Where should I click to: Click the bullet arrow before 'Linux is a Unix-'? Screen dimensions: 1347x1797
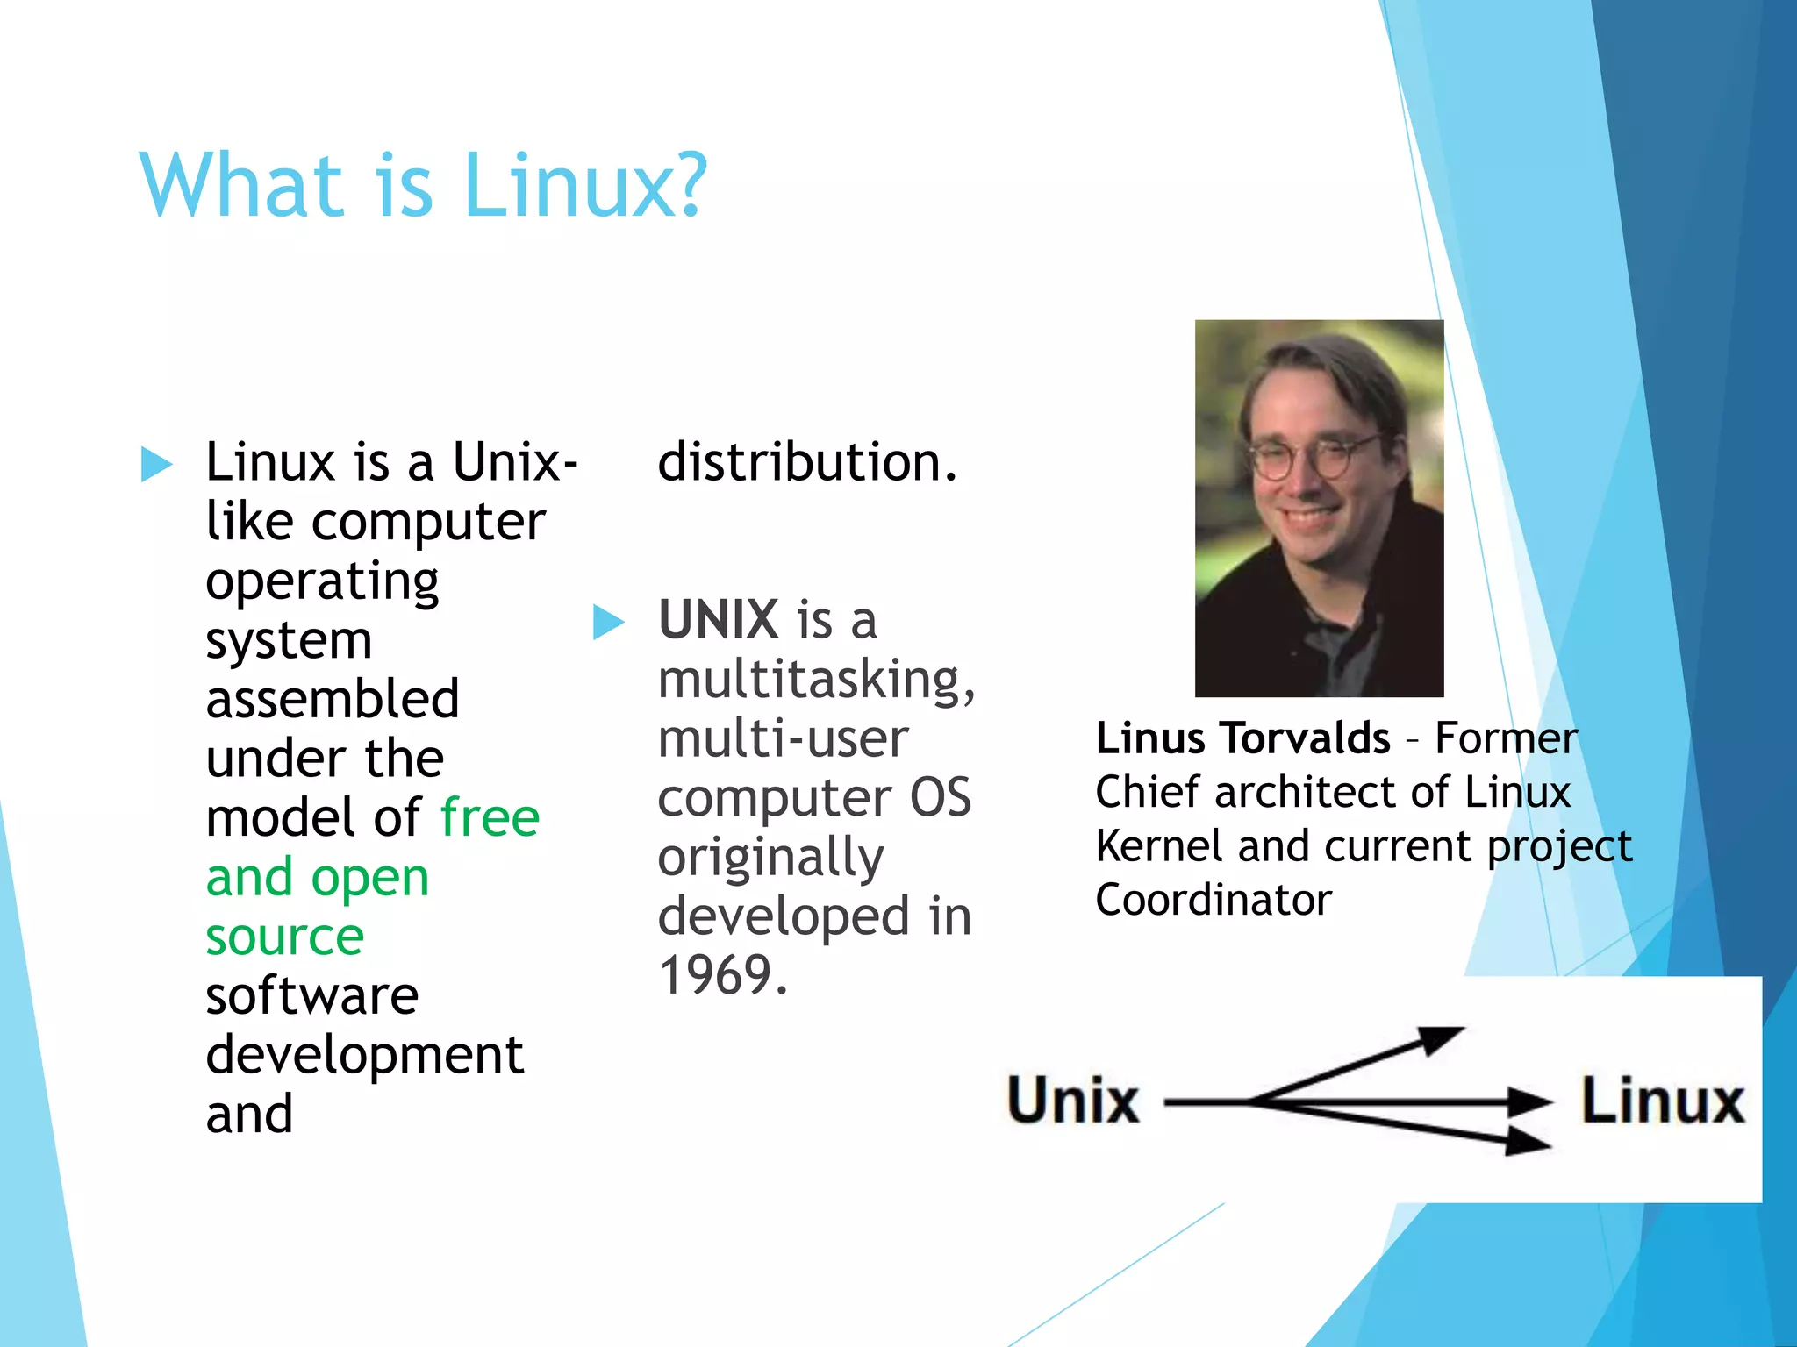[156, 464]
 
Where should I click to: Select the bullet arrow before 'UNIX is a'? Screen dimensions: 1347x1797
[608, 622]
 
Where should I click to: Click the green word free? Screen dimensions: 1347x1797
[490, 817]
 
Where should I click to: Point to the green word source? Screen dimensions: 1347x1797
[284, 937]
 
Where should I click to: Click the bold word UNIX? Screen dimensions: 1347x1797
[719, 620]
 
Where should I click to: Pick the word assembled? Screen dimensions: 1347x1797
[333, 699]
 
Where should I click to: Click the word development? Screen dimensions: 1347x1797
[364, 1055]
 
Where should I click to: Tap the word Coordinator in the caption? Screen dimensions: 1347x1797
[1214, 900]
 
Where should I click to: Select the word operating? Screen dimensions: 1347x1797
[322, 581]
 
